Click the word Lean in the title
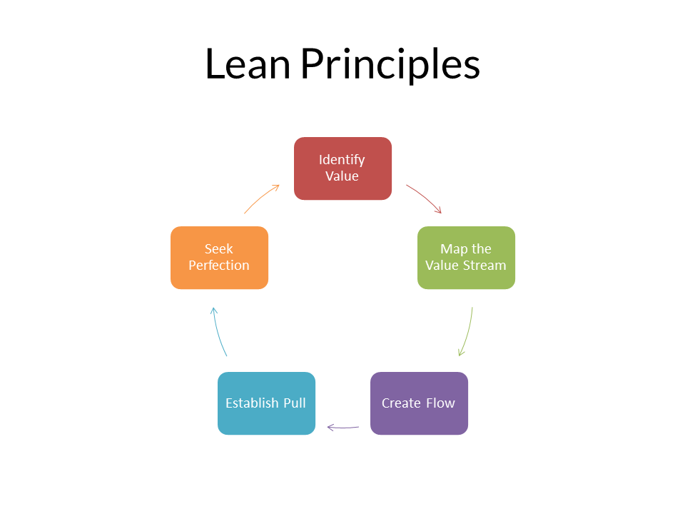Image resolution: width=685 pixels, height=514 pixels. click(248, 64)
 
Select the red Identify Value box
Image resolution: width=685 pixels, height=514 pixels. click(343, 168)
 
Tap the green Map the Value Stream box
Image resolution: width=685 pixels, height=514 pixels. click(466, 258)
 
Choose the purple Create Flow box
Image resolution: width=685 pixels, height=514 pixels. click(419, 403)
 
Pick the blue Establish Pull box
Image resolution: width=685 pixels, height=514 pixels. click(266, 403)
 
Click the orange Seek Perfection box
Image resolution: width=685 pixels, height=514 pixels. click(219, 258)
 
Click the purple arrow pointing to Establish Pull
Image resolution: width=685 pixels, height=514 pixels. click(343, 428)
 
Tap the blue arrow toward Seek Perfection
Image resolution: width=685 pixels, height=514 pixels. click(218, 331)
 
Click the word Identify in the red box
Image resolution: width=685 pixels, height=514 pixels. click(342, 160)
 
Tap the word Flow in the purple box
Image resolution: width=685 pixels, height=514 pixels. click(440, 403)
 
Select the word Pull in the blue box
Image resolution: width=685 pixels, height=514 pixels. click(295, 403)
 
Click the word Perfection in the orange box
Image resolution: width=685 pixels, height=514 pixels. click(219, 266)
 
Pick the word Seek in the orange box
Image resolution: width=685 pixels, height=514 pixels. click(219, 248)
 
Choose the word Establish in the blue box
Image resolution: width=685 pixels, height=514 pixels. click(252, 403)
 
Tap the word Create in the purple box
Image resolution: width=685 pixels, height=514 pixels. click(401, 403)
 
